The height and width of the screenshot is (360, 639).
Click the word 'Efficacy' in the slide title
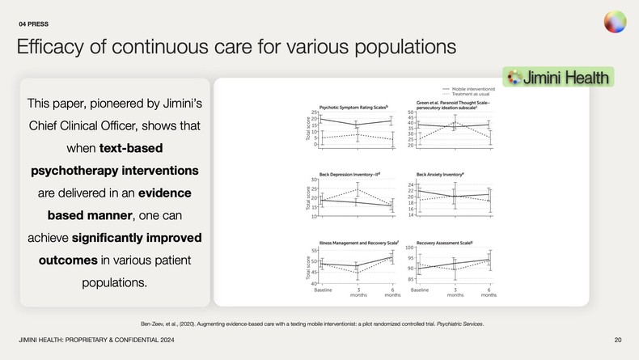49,47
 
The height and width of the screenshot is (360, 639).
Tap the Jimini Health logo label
559,78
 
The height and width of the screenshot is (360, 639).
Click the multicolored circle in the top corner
615,22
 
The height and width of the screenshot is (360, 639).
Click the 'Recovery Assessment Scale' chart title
444,242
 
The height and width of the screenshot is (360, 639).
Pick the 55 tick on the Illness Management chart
314,252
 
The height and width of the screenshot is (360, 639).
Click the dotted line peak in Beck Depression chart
357,189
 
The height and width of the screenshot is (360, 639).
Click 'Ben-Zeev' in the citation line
154,324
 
